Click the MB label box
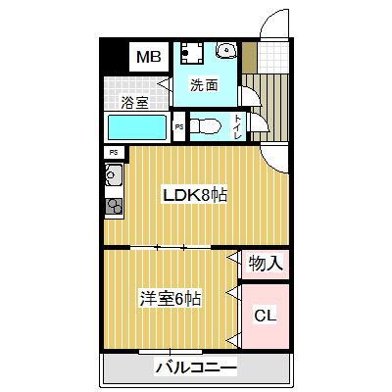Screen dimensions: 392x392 [x=149, y=57]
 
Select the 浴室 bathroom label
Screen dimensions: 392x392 [x=134, y=103]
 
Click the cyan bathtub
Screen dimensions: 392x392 [x=137, y=127]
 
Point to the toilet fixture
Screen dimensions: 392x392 [x=206, y=125]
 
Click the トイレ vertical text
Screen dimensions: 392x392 [x=237, y=126]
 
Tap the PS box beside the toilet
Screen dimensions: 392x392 [x=179, y=126]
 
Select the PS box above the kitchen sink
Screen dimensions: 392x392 [x=114, y=153]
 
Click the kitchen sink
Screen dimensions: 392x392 [x=113, y=174]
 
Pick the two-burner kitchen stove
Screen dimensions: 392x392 [x=114, y=206]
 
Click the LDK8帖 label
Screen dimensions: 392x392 [x=195, y=196]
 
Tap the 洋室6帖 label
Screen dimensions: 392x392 [x=170, y=298]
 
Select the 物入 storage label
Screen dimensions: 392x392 [x=266, y=264]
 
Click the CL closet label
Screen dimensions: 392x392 [x=266, y=316]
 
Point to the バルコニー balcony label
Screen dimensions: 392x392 [x=196, y=367]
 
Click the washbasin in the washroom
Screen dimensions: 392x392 [x=226, y=50]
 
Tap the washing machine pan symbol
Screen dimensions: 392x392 [x=192, y=52]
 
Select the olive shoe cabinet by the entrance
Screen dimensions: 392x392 [x=249, y=58]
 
